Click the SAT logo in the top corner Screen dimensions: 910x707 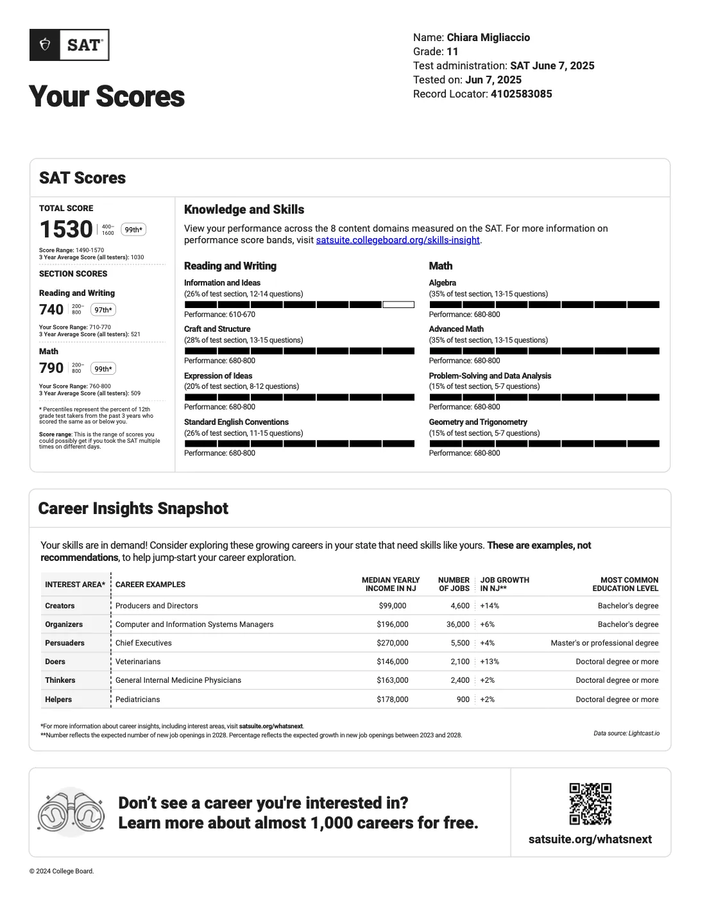click(69, 45)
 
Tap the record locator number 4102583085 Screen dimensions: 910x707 click(521, 94)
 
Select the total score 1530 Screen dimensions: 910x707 click(66, 229)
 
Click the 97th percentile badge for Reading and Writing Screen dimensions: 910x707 click(103, 310)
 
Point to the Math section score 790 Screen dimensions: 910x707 click(51, 368)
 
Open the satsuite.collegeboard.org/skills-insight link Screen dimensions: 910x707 click(398, 240)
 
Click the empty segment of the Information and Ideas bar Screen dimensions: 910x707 click(398, 305)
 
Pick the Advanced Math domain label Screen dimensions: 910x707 click(456, 329)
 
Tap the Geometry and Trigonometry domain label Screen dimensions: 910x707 click(478, 422)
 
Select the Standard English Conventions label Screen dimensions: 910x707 click(236, 422)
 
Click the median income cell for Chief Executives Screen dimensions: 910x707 click(393, 643)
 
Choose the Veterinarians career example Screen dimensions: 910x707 click(138, 662)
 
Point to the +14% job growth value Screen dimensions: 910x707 click(490, 606)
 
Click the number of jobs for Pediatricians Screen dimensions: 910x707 click(463, 700)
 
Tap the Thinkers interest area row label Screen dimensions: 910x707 click(60, 680)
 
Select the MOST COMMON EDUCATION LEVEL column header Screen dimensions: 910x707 click(625, 584)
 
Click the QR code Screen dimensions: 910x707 click(590, 803)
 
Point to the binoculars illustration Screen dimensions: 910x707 click(71, 812)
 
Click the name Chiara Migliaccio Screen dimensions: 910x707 click(488, 37)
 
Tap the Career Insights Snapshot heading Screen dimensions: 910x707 click(133, 508)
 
